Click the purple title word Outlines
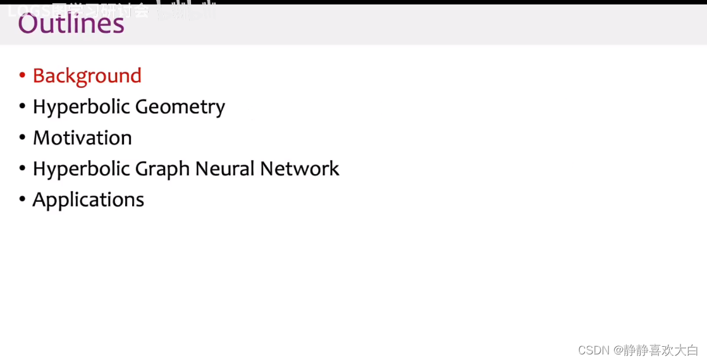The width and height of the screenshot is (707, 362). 71,23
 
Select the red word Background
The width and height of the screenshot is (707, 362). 87,76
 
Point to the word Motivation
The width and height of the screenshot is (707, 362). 82,138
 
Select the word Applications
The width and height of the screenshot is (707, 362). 88,200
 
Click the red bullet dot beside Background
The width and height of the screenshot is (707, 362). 22,76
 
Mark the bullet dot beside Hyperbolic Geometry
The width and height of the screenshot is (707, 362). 22,107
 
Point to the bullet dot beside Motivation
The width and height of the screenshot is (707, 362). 22,138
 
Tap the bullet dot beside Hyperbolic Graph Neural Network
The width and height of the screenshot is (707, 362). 22,169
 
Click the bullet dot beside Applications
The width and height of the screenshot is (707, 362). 22,200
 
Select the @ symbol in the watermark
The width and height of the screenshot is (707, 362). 617,350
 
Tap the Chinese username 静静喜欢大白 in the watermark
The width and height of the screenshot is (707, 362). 661,350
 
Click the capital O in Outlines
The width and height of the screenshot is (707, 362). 28,23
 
